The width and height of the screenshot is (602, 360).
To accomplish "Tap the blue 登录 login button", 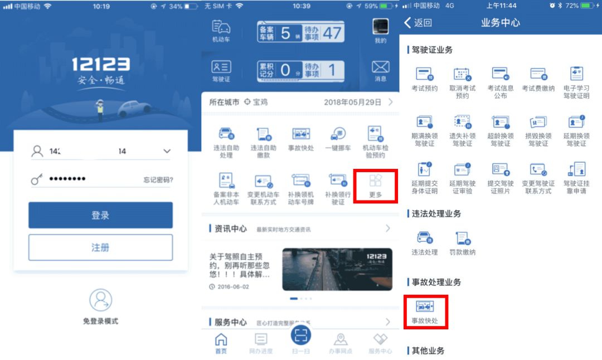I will tap(100, 215).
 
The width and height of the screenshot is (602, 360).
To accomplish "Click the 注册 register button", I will tap(100, 247).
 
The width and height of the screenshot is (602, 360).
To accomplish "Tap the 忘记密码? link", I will tap(158, 179).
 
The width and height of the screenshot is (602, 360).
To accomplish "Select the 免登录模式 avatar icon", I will tap(100, 300).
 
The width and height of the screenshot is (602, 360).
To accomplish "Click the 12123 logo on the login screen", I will tap(100, 65).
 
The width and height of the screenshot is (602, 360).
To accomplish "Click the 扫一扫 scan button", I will tap(301, 335).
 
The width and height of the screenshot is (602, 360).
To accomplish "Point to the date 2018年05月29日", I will tap(352, 103).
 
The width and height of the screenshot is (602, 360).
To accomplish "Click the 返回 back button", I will tap(418, 23).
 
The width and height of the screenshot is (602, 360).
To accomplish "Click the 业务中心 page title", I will tap(500, 23).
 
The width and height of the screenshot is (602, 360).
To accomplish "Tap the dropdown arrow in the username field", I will tap(166, 151).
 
